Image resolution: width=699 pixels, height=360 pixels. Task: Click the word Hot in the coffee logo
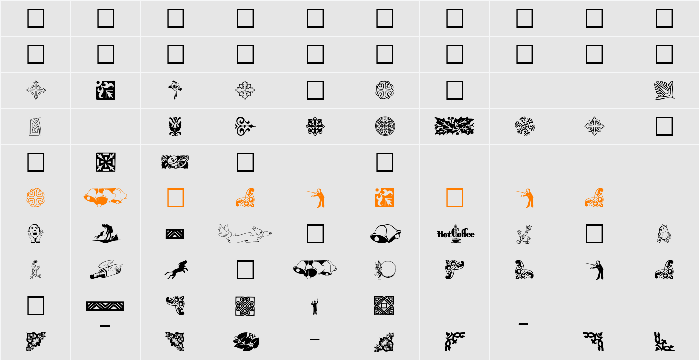point(444,234)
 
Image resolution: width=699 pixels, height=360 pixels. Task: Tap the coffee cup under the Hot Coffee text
point(456,240)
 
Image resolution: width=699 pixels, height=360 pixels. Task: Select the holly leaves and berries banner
point(454,126)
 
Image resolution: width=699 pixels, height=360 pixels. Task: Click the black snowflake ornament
point(524,126)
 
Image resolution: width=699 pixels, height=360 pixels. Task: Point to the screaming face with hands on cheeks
point(36,234)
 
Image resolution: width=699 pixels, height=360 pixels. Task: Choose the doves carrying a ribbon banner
point(245,234)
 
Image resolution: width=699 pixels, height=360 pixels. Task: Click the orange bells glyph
point(105,198)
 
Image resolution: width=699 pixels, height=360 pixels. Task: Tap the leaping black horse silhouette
point(176,270)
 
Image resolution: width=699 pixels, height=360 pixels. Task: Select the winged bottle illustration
point(106,270)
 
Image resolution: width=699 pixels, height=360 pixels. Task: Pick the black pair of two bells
point(385,234)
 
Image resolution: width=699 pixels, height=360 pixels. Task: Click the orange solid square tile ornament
point(385,198)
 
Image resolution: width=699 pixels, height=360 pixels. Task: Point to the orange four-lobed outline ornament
point(36,198)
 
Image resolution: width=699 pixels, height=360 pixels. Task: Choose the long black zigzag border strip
point(105,306)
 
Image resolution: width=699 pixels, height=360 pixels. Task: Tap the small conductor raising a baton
point(315,306)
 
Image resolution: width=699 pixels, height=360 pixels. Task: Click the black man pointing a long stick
point(595,270)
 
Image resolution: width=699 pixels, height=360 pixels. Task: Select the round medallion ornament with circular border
point(385,126)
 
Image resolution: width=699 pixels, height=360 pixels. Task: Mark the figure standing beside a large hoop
point(385,270)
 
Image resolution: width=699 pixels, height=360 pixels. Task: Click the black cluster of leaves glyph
point(246,342)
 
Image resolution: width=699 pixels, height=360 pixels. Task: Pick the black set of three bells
point(315,270)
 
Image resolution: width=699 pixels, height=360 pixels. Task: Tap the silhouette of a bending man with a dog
point(106,233)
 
